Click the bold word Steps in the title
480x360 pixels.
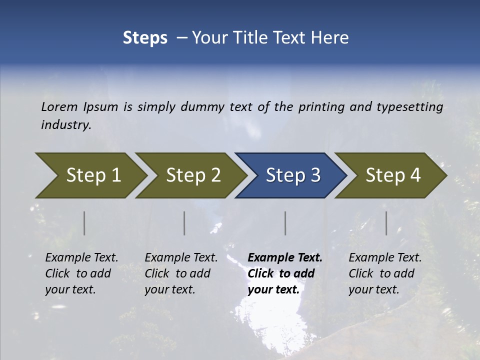[145, 37]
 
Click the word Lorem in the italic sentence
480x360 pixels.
[59, 106]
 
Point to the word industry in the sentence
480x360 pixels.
[65, 124]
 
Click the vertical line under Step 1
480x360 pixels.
[84, 223]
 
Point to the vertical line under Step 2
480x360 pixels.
[184, 223]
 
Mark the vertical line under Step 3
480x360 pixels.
[285, 223]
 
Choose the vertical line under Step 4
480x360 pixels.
[386, 223]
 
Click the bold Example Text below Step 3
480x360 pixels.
[285, 257]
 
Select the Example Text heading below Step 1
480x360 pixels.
[81, 257]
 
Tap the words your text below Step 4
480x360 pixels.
[373, 289]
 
